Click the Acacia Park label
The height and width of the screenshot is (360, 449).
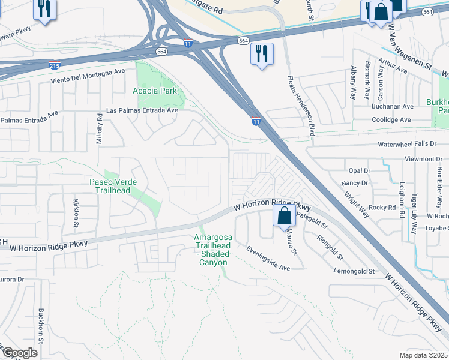pos(154,91)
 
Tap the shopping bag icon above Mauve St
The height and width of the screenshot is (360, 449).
pos(285,215)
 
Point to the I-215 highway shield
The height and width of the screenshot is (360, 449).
pos(54,64)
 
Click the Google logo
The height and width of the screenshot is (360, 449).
pos(19,353)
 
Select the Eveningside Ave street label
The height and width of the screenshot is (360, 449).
pos(268,257)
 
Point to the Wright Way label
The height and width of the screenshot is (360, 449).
pos(357,204)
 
